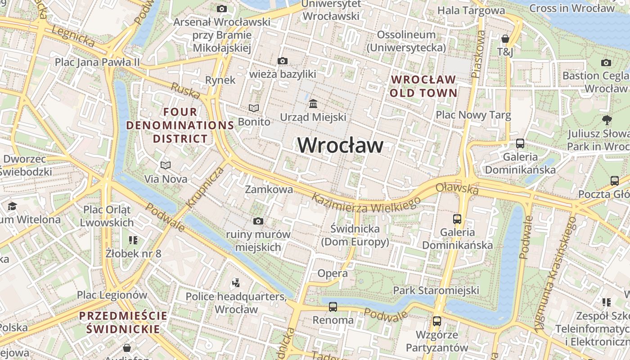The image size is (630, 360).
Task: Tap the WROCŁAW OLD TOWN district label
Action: coord(423,86)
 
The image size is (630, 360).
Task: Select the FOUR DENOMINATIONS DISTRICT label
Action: coord(180,125)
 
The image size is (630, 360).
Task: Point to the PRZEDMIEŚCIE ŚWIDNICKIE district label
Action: coord(123,322)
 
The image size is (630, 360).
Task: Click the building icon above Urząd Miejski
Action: coord(313,104)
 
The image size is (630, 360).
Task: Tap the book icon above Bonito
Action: coord(254,108)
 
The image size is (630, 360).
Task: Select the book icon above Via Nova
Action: coord(166,165)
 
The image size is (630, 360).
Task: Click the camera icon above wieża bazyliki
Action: coord(283,61)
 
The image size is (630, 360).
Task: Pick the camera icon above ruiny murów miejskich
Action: coord(258,220)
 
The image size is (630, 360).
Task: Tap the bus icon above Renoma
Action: coord(333,307)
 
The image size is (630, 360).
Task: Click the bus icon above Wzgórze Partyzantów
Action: coord(437,321)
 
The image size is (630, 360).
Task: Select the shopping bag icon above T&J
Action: coord(505,39)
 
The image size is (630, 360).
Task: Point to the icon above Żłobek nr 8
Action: coord(133,240)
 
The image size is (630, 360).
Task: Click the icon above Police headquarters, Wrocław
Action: coord(236,283)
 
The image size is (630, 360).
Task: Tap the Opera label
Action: coord(333,273)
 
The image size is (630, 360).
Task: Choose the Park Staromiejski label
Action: coord(436,290)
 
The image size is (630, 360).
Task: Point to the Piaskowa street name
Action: coord(479,54)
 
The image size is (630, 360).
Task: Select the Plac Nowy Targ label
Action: coord(473,115)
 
